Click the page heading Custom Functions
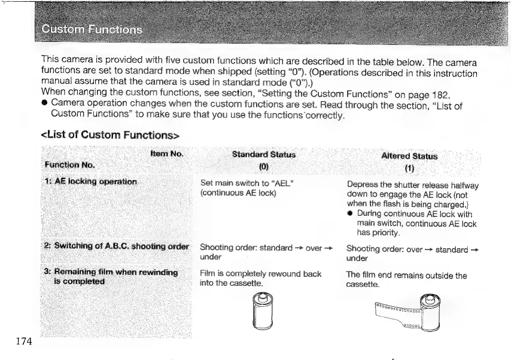92,30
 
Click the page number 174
25,341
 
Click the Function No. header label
70,164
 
